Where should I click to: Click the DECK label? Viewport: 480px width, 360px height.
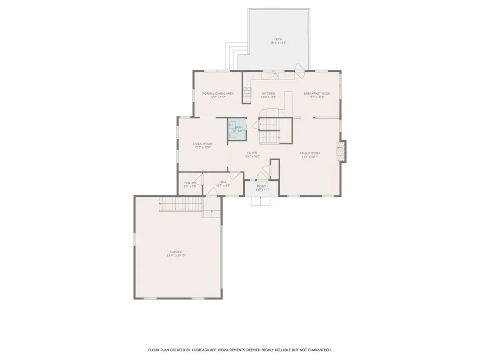[278, 39]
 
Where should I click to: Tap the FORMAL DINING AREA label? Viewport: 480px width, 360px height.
[218, 93]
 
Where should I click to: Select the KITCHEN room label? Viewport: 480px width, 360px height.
[269, 93]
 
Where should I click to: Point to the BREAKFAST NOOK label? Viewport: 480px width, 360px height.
[317, 93]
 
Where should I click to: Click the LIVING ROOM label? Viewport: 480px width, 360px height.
[203, 143]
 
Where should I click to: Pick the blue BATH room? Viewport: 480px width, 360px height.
[237, 129]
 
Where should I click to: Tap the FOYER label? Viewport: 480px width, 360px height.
[251, 153]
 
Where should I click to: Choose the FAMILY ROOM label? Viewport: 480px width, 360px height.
[310, 153]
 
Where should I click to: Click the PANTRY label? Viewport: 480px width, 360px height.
[190, 183]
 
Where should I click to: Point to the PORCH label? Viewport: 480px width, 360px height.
[262, 187]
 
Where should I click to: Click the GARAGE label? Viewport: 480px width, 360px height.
[176, 252]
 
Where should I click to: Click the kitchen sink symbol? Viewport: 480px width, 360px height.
[274, 75]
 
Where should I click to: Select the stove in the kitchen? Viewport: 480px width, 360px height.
[247, 95]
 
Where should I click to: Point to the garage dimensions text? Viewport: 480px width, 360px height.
[176, 256]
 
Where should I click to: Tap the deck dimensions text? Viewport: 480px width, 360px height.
[278, 43]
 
